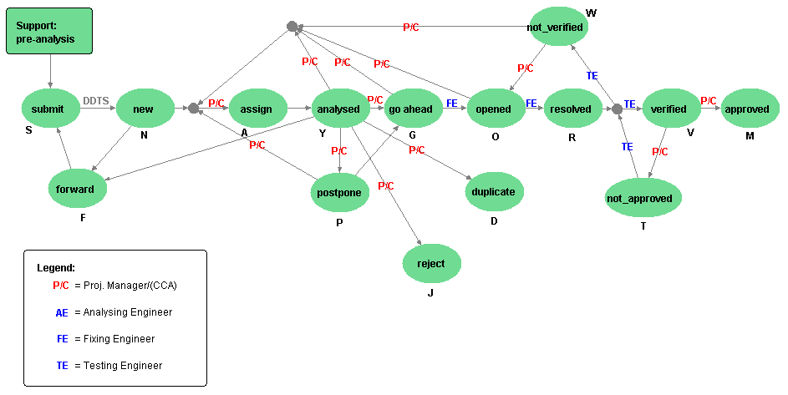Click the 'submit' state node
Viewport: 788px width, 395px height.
coord(48,109)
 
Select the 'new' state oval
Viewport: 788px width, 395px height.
coord(144,109)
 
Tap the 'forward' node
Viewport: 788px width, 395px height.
coord(75,189)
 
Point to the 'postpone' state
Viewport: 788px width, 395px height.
coord(339,191)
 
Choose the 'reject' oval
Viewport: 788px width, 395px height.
coord(431,263)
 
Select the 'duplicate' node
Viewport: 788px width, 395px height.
coord(494,191)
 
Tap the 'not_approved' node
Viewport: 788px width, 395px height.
coord(643,198)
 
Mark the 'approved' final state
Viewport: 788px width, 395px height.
coord(747,109)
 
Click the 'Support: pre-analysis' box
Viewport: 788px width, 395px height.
coord(51,33)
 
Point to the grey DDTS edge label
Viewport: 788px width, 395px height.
coord(96,101)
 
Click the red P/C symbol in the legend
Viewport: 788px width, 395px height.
coord(61,285)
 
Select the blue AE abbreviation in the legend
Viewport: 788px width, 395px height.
coord(62,311)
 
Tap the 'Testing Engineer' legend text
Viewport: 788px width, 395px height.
coord(123,365)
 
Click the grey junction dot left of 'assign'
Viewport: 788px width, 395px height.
coord(193,109)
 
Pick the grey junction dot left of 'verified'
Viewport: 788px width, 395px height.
coord(617,109)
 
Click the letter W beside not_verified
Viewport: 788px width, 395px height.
coord(592,12)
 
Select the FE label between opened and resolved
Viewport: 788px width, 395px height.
coord(531,103)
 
